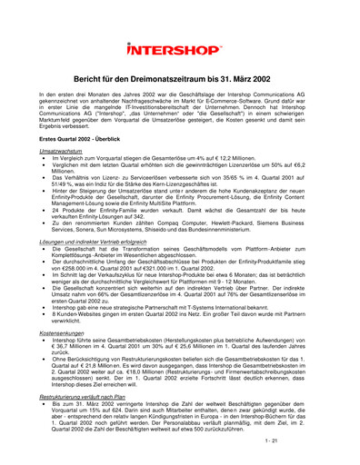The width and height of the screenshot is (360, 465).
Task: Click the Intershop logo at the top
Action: coord(180,47)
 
